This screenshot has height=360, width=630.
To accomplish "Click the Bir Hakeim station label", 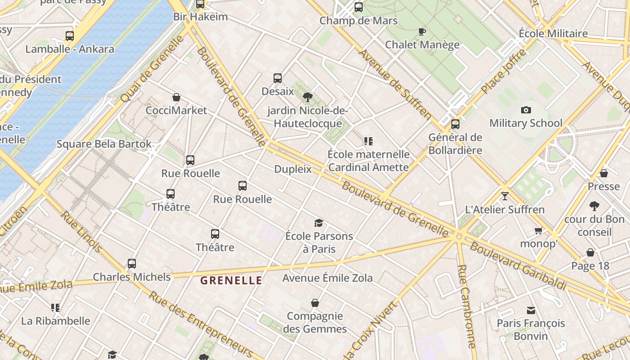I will (200, 17).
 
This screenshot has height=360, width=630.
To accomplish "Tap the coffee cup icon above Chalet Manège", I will (422, 31).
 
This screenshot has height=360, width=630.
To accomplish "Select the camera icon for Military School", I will (526, 110).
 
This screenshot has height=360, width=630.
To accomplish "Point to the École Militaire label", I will (553, 34).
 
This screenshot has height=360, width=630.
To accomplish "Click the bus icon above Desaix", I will (278, 78).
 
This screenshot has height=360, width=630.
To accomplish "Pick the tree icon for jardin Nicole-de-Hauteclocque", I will (308, 97).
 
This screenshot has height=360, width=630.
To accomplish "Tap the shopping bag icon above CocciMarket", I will (176, 97).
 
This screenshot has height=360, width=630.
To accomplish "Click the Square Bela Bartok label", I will (104, 144).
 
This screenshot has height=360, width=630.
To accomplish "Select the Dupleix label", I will (293, 169).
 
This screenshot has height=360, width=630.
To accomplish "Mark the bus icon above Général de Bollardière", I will (455, 124).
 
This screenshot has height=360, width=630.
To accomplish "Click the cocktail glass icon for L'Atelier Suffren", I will (504, 196).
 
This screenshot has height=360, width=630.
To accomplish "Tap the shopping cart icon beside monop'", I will (538, 231).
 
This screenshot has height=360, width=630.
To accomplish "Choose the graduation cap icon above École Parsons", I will (319, 223).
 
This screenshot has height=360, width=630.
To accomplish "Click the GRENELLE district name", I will (231, 281).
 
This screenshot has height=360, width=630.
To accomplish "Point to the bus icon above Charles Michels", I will (131, 264).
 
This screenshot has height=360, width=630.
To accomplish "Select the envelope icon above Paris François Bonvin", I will (531, 310).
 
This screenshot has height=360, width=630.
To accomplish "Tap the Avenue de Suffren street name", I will (395, 84).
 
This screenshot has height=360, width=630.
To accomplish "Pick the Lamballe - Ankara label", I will (70, 49).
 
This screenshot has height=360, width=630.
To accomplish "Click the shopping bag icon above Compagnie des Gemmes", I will (315, 303).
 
